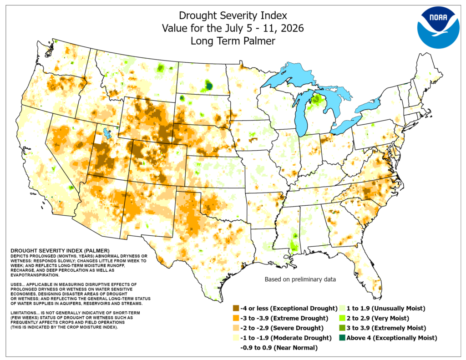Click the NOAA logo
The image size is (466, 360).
(438, 27)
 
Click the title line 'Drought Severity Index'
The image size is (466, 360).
(233, 15)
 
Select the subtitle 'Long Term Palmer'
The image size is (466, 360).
(233, 41)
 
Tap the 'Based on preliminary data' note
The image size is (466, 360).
(300, 279)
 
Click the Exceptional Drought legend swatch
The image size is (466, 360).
(236, 308)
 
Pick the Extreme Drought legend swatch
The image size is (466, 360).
(236, 318)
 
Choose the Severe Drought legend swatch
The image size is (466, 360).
(236, 328)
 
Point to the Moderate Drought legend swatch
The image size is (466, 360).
(236, 338)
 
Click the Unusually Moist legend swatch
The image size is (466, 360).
(342, 308)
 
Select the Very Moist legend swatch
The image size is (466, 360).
(342, 318)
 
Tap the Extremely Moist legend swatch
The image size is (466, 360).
(342, 328)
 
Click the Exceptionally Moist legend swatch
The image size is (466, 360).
(342, 338)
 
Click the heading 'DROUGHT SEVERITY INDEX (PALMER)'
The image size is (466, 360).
(60, 251)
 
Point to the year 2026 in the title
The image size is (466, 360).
(292, 28)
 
